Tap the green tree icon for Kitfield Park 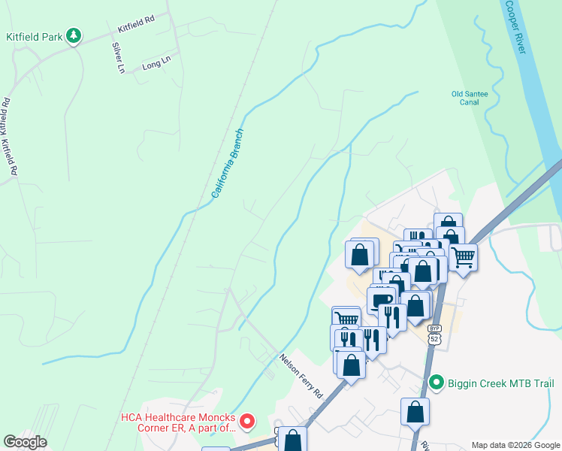tap(74, 35)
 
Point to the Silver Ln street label tap(118, 57)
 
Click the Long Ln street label tap(151, 65)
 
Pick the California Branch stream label tap(228, 163)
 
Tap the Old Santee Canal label tap(469, 98)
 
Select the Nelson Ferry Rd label tap(301, 376)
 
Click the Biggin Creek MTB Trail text tap(501, 384)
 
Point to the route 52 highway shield tap(434, 341)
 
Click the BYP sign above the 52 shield tap(434, 329)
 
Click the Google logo tap(25, 442)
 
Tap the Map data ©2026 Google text tap(515, 445)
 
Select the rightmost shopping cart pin tap(463, 258)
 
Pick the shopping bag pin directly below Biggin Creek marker tap(415, 412)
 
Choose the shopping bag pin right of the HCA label tap(293, 440)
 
